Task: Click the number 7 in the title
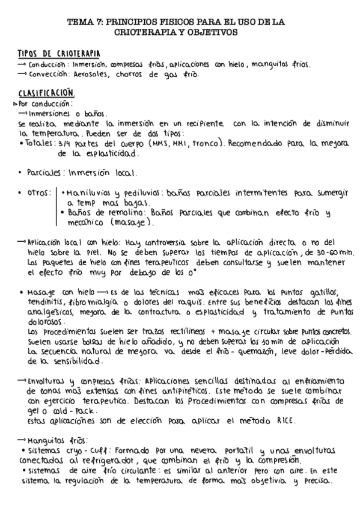coord(98,21)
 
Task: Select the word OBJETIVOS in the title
coord(214,31)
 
